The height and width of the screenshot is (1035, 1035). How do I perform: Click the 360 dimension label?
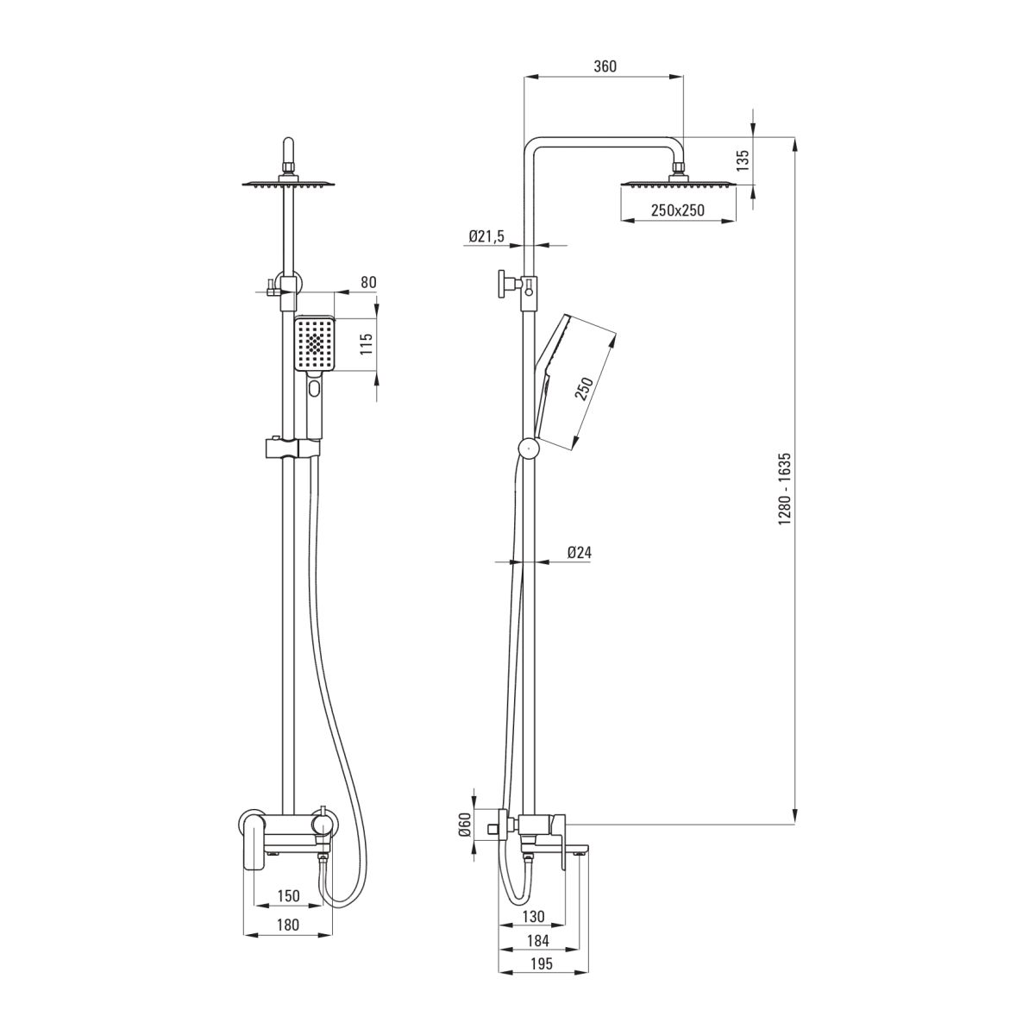click(605, 66)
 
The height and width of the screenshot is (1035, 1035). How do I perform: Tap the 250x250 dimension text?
click(677, 210)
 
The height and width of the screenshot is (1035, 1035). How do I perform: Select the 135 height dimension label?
click(743, 160)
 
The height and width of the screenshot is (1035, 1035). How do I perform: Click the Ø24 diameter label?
click(579, 552)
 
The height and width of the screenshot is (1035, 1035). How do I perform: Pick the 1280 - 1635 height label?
click(785, 489)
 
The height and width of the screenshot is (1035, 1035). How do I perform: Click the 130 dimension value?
click(533, 916)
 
